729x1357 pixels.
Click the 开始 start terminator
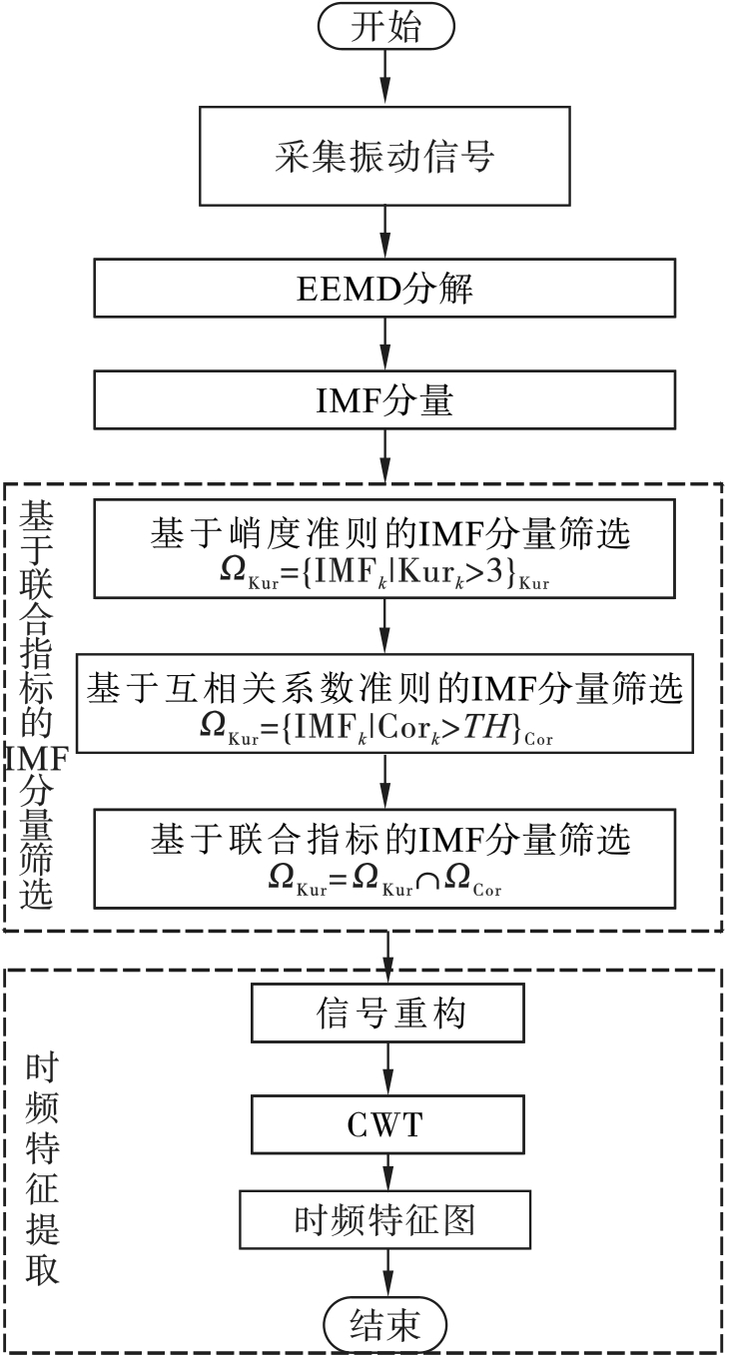coord(386,27)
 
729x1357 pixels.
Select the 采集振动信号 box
coord(384,157)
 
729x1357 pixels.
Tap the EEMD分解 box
coord(384,288)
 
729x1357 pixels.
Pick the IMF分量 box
coord(384,399)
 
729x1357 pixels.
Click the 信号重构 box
coord(387,1013)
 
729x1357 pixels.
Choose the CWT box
coord(387,1124)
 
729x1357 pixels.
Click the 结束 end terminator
coord(385,1324)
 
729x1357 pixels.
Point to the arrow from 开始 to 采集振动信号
coord(385,78)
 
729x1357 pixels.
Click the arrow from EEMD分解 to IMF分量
coord(385,344)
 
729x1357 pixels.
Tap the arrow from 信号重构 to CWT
coord(387,1068)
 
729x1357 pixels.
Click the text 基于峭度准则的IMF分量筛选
coord(390,533)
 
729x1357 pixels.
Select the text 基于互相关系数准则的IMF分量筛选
coord(384,689)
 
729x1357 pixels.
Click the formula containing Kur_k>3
coord(384,572)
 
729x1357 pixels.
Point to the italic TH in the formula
coord(484,726)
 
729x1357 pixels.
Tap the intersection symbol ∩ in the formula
coord(428,881)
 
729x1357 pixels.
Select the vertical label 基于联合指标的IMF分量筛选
coord(36,706)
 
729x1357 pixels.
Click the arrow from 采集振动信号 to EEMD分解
coord(385,233)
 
